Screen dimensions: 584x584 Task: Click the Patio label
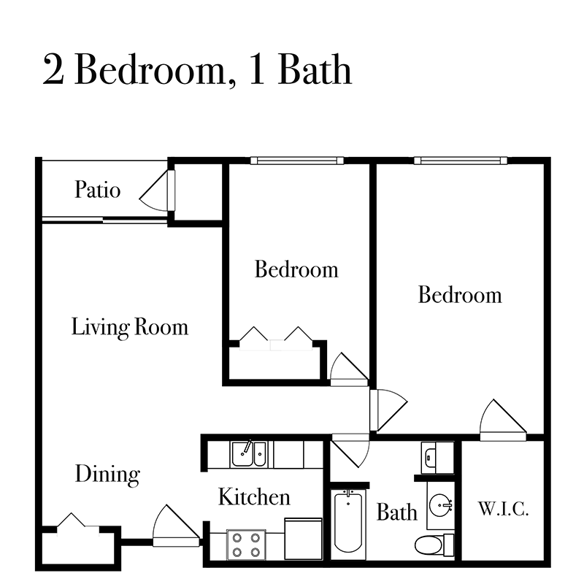(x=98, y=189)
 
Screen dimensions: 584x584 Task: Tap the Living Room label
(x=130, y=327)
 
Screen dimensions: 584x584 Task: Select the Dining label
(x=107, y=474)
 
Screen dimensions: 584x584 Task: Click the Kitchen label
(x=254, y=497)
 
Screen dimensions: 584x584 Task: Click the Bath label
(x=396, y=512)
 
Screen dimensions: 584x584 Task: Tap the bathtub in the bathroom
(x=348, y=521)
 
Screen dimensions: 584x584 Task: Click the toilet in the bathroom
(x=434, y=545)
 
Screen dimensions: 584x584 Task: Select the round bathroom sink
(x=441, y=505)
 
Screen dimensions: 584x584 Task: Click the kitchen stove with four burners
(x=246, y=544)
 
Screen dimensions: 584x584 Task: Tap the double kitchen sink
(x=248, y=454)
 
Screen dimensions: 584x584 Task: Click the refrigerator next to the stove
(x=303, y=539)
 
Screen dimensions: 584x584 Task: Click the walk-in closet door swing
(x=502, y=420)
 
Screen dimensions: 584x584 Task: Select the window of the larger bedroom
(x=461, y=161)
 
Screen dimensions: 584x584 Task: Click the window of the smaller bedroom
(x=297, y=161)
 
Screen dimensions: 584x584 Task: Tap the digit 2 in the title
(x=53, y=69)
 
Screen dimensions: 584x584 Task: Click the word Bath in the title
(x=315, y=69)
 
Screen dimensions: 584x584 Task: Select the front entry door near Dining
(x=176, y=526)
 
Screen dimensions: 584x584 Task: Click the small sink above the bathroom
(x=431, y=456)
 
